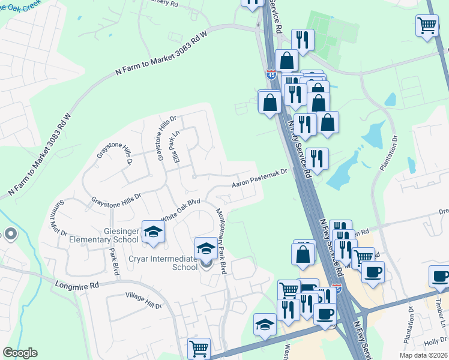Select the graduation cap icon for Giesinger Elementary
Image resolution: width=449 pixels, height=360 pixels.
pos(153,232)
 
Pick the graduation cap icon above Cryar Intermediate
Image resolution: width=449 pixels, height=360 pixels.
pos(206,248)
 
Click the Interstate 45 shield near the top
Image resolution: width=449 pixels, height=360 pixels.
pos(271,75)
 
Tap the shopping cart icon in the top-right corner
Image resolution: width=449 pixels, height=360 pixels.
pos(427,26)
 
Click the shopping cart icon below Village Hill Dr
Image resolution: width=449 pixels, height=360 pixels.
pos(199,349)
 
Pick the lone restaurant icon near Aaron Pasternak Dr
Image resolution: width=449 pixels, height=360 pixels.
pos(317,159)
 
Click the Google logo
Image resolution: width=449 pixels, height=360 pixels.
pos(20,353)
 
